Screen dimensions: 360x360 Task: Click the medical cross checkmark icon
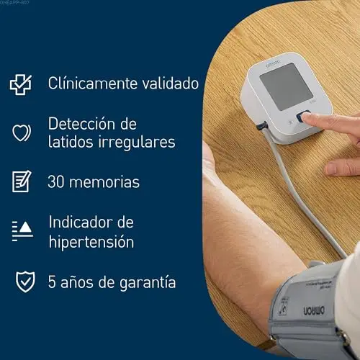click(x=21, y=84)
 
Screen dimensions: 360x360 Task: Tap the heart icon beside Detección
click(x=22, y=132)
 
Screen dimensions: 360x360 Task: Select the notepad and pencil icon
click(x=22, y=181)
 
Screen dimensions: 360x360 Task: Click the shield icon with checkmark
click(x=25, y=282)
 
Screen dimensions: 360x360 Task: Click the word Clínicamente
click(x=92, y=84)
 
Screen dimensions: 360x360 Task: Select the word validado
click(x=170, y=84)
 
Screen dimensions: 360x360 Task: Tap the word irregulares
click(x=137, y=142)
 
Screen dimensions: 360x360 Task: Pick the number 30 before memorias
click(x=56, y=181)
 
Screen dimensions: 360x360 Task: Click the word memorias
click(x=104, y=181)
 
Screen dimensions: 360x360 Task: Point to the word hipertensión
click(x=91, y=242)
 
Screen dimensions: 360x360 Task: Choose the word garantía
click(x=148, y=282)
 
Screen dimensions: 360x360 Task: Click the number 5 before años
click(x=52, y=282)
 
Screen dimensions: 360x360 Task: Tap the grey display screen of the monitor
click(x=287, y=87)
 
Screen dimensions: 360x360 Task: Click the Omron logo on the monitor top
click(x=273, y=63)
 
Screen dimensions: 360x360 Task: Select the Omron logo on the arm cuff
click(x=314, y=310)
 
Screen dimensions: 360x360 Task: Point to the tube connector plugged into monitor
click(x=261, y=126)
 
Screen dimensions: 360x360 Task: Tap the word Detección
click(x=81, y=124)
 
